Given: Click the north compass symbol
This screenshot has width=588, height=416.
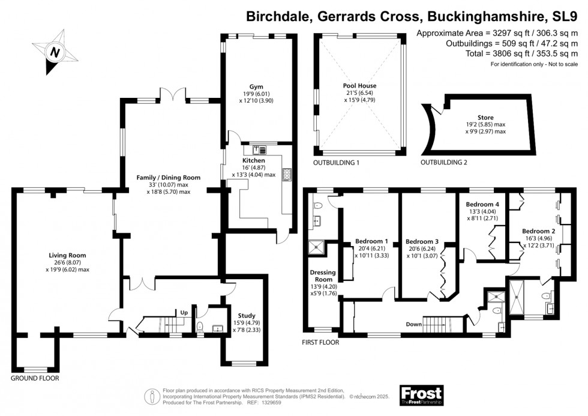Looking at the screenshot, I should [55, 52].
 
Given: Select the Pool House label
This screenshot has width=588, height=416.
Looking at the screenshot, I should [360, 86].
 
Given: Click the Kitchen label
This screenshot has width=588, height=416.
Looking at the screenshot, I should [253, 161].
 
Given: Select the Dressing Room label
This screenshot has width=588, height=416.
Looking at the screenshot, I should [322, 276].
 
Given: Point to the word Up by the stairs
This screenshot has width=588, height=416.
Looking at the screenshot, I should [185, 312].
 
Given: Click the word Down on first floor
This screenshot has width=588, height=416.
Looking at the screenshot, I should [413, 324].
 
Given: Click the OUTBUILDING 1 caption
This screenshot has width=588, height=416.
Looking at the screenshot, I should [336, 163].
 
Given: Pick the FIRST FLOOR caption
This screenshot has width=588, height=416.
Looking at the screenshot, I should [320, 343].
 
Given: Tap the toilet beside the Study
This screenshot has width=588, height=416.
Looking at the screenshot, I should [201, 326].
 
